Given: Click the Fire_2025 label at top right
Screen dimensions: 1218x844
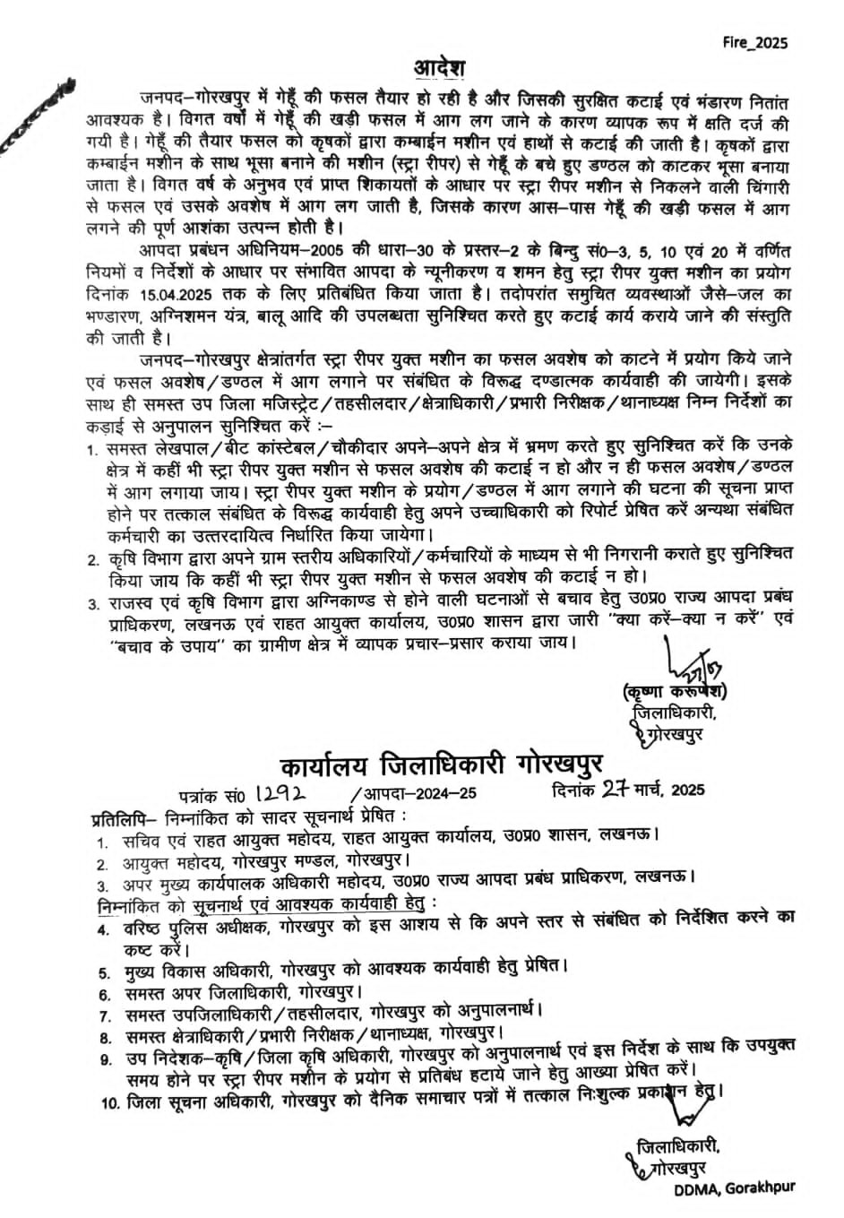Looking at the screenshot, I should tap(755, 42).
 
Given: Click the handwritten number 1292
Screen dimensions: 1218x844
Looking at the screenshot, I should tap(281, 792).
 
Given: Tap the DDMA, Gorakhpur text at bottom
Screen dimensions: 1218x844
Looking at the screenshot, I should tap(735, 1188).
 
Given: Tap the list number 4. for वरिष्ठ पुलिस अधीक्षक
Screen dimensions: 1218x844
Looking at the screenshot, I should tap(104, 929).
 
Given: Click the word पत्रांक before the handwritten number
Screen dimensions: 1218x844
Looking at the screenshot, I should tap(200, 793).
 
